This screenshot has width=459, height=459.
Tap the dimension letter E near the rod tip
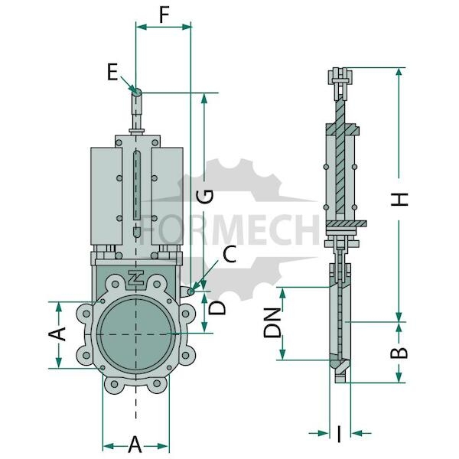[x=112, y=72]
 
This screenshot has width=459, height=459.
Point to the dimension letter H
[x=399, y=199]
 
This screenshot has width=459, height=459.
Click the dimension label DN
[x=272, y=323]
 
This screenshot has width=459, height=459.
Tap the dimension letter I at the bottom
[x=339, y=434]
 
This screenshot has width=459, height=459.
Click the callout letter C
[x=229, y=254]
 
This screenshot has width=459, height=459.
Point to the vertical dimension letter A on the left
[x=57, y=334]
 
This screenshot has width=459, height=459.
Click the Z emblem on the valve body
[x=136, y=277]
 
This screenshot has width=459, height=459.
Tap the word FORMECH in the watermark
[x=229, y=229]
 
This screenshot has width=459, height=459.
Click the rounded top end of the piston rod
[x=137, y=93]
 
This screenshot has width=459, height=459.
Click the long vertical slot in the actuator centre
[x=137, y=185]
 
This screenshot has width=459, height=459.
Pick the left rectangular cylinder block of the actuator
[x=106, y=196]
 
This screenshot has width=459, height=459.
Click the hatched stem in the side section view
[x=340, y=155]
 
